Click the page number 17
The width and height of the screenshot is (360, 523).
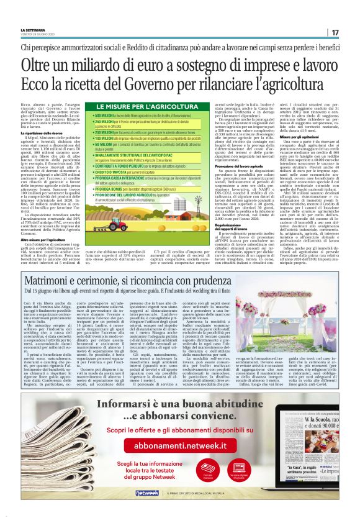click(335, 32)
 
